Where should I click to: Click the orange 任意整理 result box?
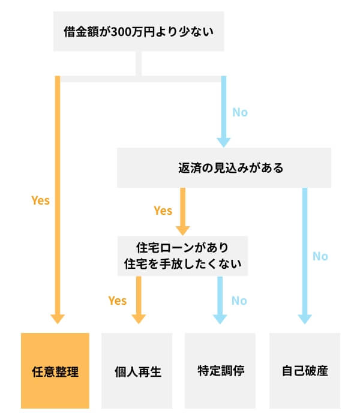pos(55,370)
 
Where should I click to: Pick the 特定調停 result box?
pos(220,370)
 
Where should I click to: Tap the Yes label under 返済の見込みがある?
pos(163,211)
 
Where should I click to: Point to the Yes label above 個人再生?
pos(118,300)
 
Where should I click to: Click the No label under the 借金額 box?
pos(239,112)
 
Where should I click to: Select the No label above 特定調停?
pos(239,300)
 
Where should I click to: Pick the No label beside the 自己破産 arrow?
pos(320,256)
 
